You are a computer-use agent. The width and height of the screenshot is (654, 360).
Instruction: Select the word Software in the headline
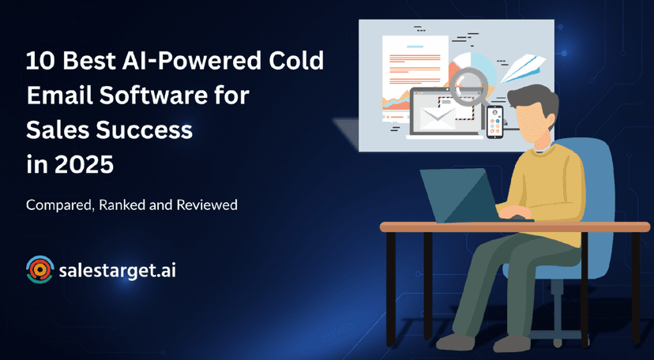(x=159, y=96)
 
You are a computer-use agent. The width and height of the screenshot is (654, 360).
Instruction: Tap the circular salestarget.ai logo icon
(x=39, y=269)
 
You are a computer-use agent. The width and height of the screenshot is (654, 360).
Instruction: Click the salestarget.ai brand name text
(x=117, y=271)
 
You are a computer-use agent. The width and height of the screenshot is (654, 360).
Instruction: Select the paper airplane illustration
(x=522, y=68)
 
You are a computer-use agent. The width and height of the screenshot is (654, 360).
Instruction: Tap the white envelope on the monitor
(x=436, y=118)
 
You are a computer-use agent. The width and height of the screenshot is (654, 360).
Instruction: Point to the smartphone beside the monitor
(x=495, y=122)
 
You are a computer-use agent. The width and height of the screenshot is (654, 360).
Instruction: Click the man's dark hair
(x=535, y=101)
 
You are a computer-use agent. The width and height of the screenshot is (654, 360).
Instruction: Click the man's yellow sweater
(x=547, y=188)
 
